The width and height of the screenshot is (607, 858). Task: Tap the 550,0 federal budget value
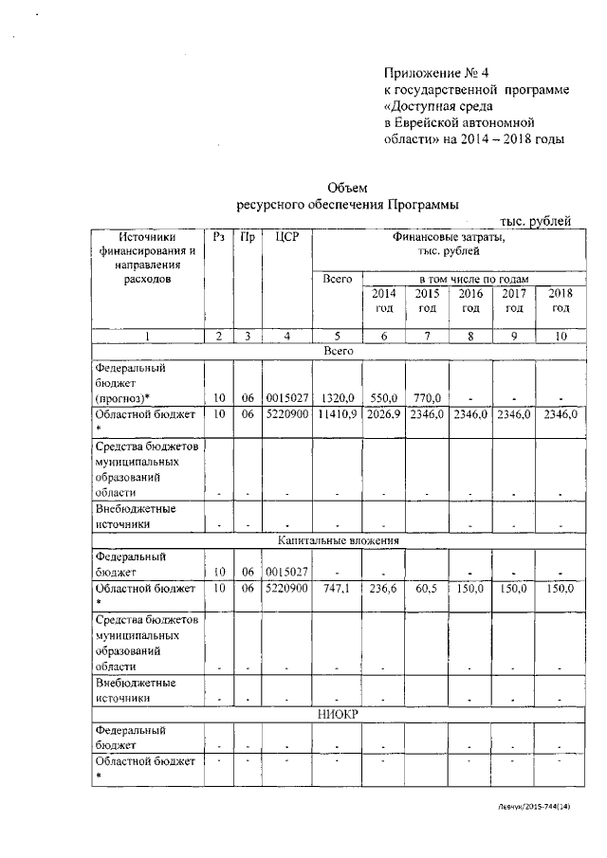pyautogui.click(x=382, y=399)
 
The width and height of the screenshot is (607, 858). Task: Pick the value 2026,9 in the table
pyautogui.click(x=382, y=414)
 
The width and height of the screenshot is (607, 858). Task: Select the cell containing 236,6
pyautogui.click(x=382, y=588)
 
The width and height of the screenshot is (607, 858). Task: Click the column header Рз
pyautogui.click(x=218, y=237)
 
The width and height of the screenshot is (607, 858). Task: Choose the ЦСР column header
pyautogui.click(x=285, y=237)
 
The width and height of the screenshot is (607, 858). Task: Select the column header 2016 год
pyautogui.click(x=470, y=301)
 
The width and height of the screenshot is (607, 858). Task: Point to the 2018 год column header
pyautogui.click(x=561, y=301)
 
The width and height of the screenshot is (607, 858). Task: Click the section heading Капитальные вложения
pyautogui.click(x=338, y=540)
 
